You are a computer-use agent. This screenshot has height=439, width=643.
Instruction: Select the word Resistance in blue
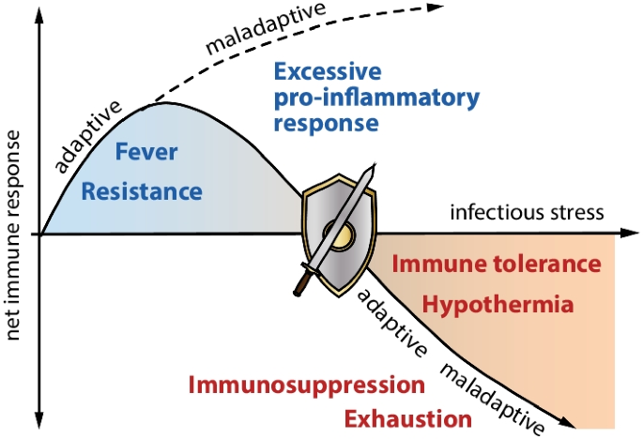142,192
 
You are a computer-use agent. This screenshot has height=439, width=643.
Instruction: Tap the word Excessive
329,72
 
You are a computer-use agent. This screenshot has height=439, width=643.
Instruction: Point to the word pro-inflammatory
377,98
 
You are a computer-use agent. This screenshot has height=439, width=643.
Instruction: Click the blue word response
327,123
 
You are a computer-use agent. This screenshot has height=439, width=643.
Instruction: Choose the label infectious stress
526,211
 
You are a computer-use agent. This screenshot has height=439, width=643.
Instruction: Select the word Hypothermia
498,305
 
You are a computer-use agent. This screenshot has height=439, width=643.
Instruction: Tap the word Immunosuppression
306,385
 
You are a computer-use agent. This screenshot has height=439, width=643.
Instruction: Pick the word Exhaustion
406,418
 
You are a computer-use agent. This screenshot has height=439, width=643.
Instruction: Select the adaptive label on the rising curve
88,137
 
